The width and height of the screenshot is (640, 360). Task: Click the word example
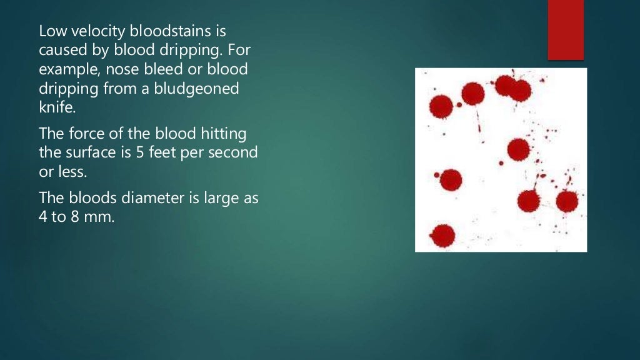coord(66,69)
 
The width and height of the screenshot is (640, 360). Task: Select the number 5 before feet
coord(139,152)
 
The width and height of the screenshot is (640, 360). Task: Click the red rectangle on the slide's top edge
coord(566,29)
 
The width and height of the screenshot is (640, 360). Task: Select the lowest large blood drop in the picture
coord(442,235)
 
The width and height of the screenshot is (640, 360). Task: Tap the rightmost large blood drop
coord(567,201)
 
